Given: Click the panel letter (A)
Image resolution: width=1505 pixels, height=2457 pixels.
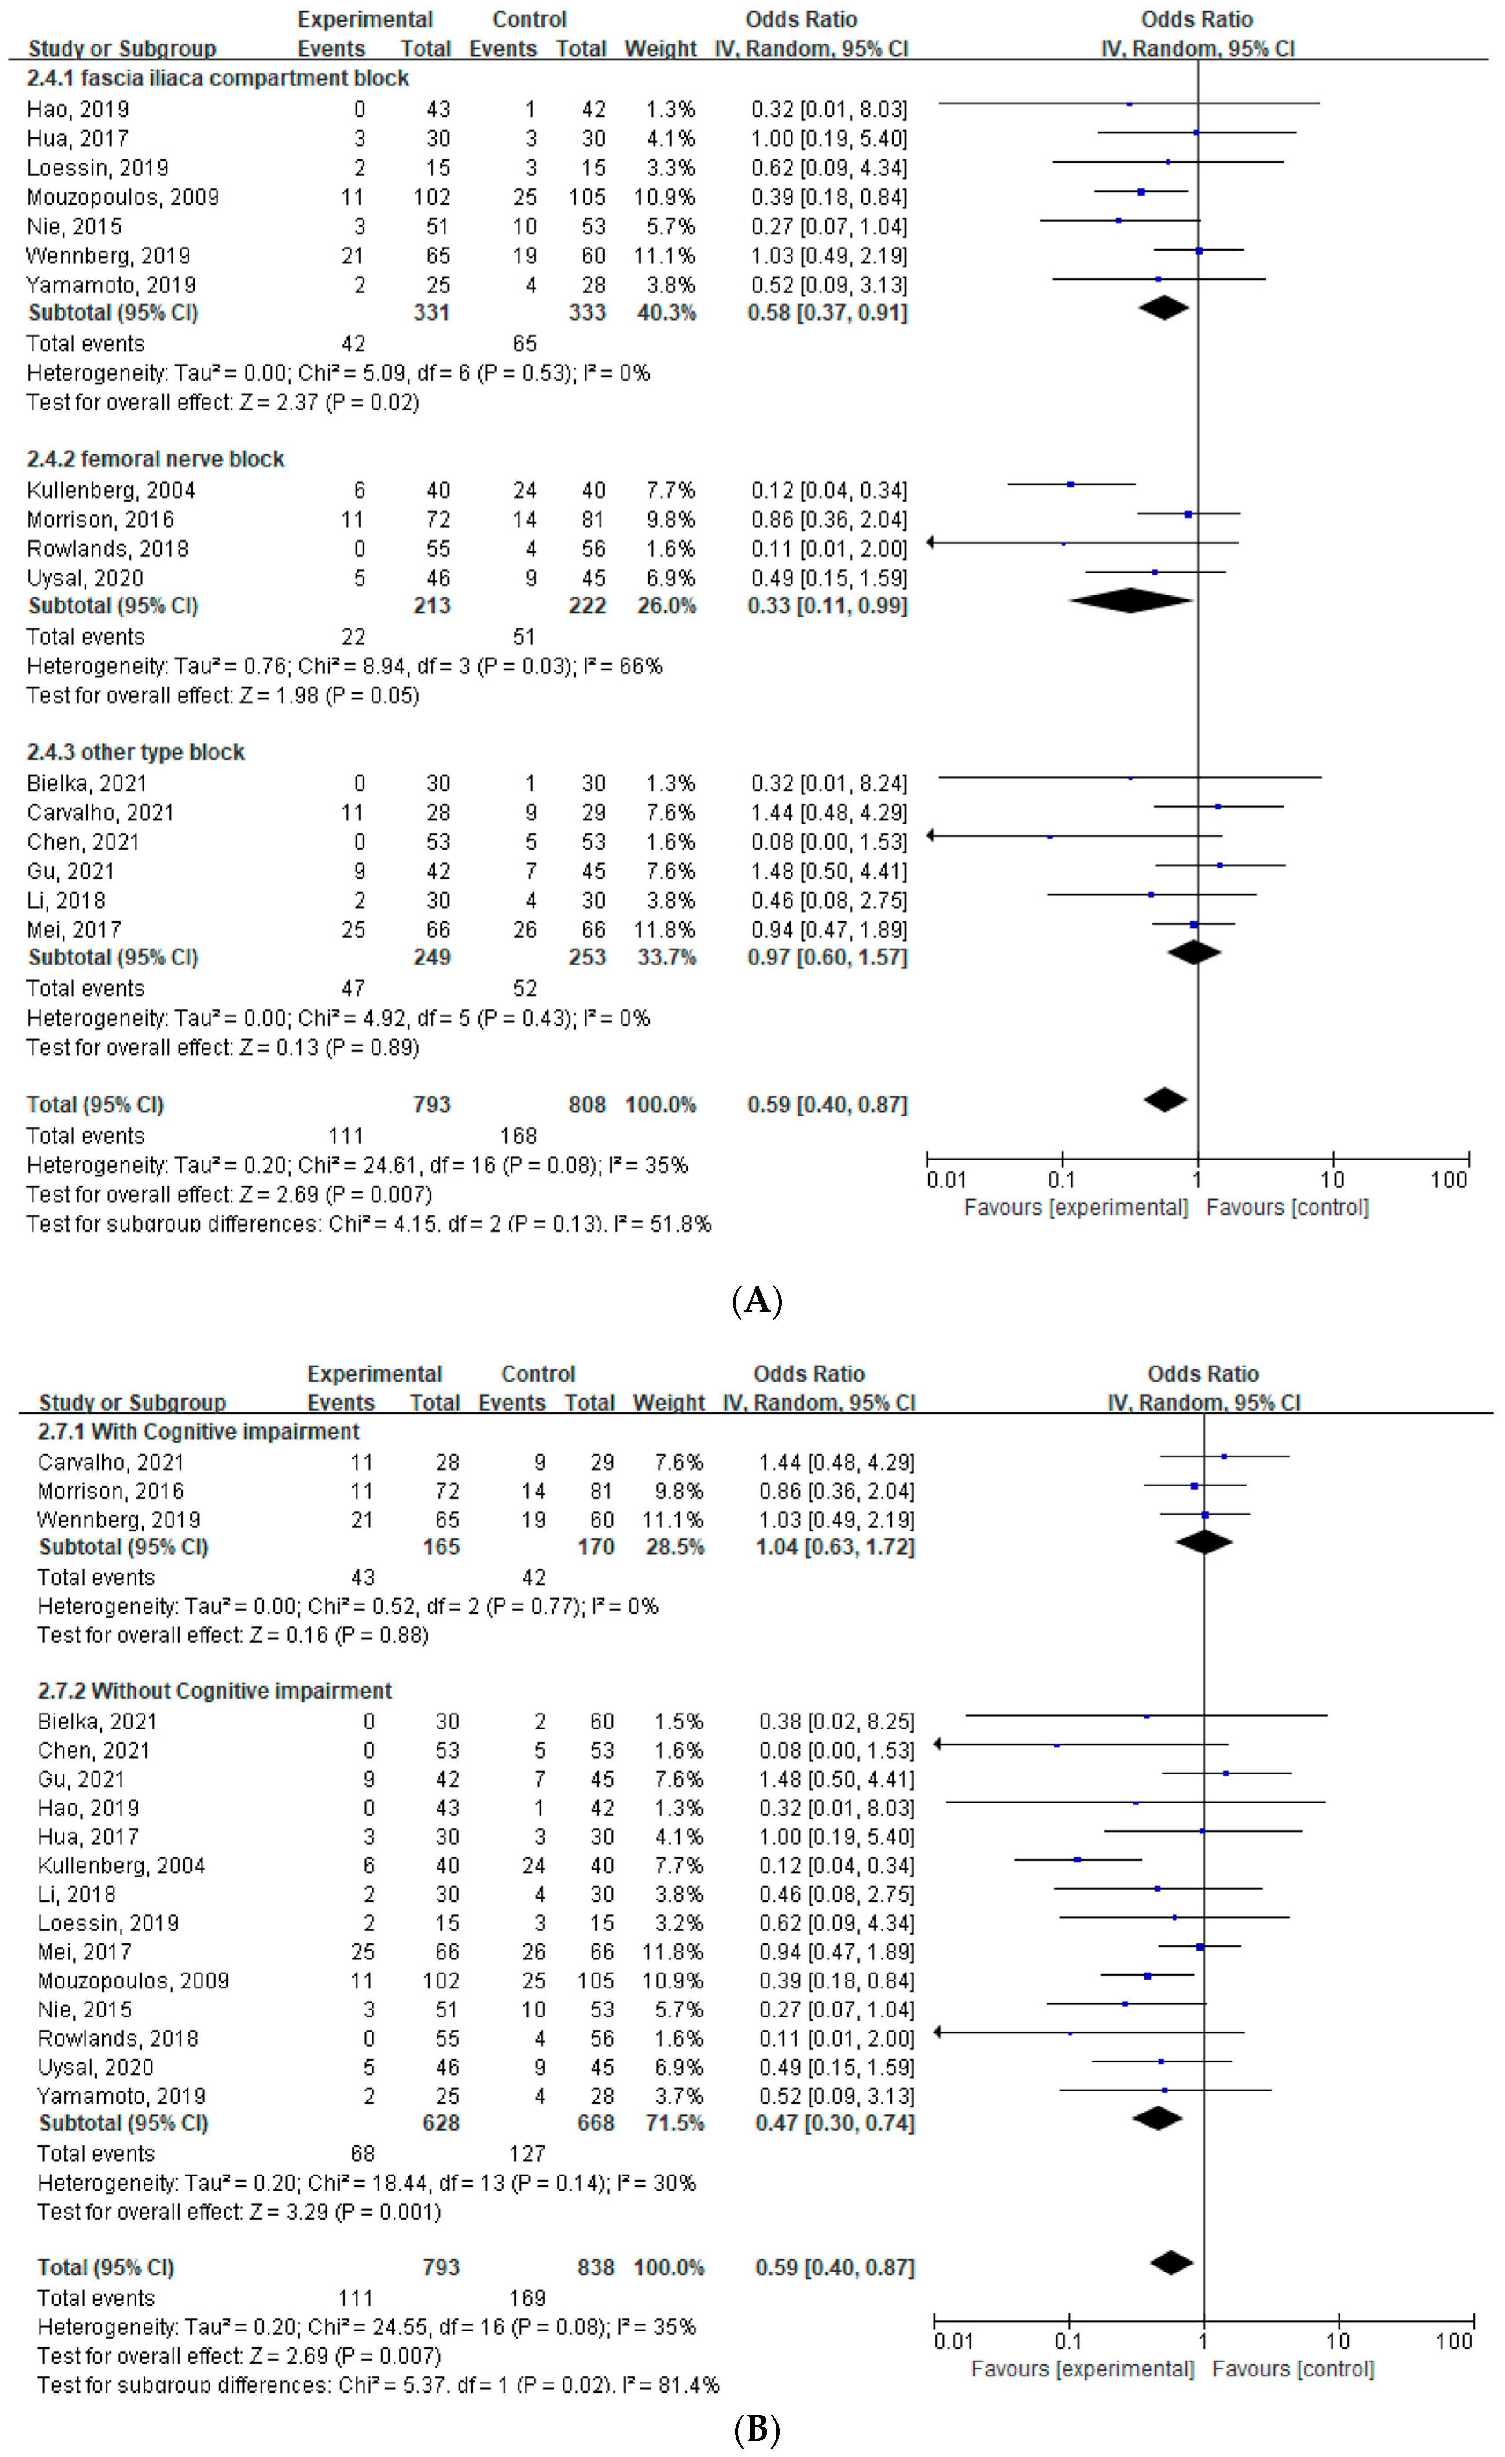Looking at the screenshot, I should coord(757,1301).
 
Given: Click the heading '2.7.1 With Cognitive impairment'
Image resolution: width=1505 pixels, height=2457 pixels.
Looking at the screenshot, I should coord(199,1432).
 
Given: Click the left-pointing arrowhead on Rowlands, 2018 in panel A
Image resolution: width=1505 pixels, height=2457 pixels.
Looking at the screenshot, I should coord(931,543).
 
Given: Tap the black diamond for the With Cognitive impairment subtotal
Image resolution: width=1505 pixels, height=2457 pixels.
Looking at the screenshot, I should coord(1204,1543).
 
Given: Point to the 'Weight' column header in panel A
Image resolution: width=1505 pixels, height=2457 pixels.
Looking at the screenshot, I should coord(660,49).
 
